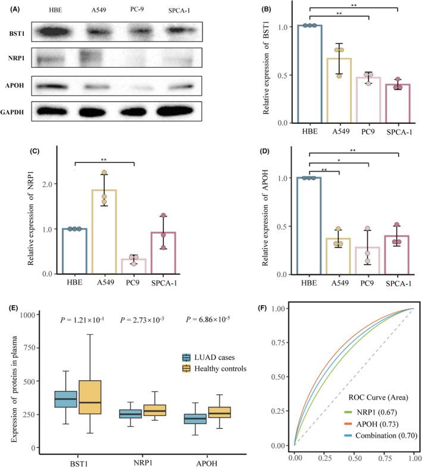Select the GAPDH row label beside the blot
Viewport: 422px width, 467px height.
15,111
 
